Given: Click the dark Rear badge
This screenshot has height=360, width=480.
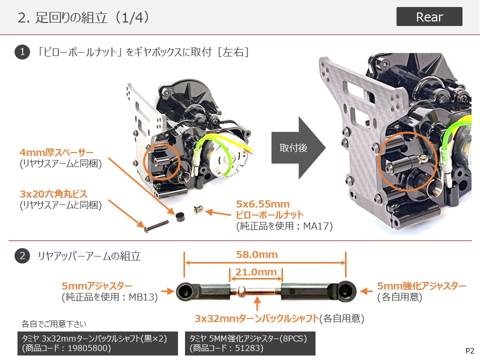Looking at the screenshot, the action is pyautogui.click(x=429, y=16).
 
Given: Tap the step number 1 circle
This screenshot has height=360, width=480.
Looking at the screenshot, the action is pyautogui.click(x=22, y=51).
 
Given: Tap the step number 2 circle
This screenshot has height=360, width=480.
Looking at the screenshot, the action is pyautogui.click(x=22, y=255).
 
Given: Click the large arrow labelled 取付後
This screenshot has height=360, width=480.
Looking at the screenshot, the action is pyautogui.click(x=298, y=148).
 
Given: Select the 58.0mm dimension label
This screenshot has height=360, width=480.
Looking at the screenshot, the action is pyautogui.click(x=257, y=254).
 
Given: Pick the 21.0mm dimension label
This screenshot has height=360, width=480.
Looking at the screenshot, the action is pyautogui.click(x=256, y=272).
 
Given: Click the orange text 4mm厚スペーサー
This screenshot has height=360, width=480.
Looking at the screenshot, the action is pyautogui.click(x=56, y=152).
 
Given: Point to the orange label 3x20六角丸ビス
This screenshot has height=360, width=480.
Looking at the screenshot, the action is pyautogui.click(x=53, y=194).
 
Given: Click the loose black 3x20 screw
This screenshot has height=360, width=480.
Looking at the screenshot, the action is pyautogui.click(x=156, y=226).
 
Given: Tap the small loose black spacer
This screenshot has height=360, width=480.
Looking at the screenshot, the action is pyautogui.click(x=179, y=216).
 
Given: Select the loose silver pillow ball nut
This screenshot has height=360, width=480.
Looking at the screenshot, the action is pyautogui.click(x=198, y=209).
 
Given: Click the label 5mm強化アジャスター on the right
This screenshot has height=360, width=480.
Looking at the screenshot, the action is pyautogui.click(x=421, y=285).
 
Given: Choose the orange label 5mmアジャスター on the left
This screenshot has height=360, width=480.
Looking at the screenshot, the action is pyautogui.click(x=96, y=285).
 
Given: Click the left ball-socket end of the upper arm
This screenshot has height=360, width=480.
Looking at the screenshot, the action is pyautogui.click(x=186, y=291).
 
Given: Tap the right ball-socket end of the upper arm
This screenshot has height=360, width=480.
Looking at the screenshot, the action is pyautogui.click(x=345, y=291).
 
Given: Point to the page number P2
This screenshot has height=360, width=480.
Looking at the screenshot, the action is pyautogui.click(x=469, y=351).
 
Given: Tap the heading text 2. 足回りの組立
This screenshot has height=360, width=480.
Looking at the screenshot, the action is pyautogui.click(x=63, y=17).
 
